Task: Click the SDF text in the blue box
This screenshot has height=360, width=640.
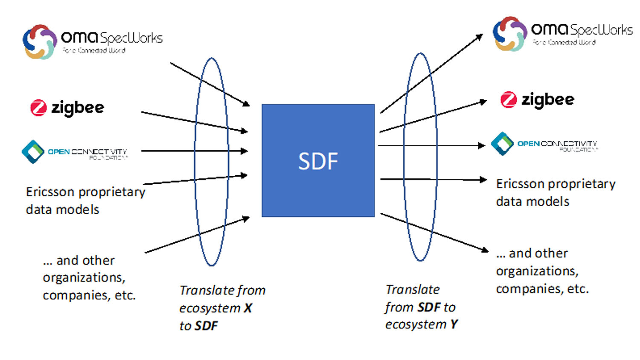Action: tap(318, 161)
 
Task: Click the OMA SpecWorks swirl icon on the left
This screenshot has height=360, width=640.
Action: tap(40, 42)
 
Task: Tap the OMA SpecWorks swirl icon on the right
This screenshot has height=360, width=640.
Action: tap(510, 34)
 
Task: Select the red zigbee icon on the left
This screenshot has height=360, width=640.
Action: tap(38, 107)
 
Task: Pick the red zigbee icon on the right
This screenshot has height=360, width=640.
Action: tap(508, 100)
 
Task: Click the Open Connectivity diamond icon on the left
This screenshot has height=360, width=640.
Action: tap(33, 151)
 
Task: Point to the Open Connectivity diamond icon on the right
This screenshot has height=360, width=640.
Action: tap(502, 144)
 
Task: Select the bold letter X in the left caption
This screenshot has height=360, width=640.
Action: tap(248, 308)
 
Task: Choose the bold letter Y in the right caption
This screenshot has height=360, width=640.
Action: tap(454, 325)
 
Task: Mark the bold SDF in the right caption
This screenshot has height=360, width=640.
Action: tap(429, 307)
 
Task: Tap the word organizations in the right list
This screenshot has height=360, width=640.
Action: tap(537, 271)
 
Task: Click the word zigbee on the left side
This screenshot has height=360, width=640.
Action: tap(78, 108)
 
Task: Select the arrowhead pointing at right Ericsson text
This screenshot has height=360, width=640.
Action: tap(483, 180)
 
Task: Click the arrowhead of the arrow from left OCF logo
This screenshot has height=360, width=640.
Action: tap(244, 151)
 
